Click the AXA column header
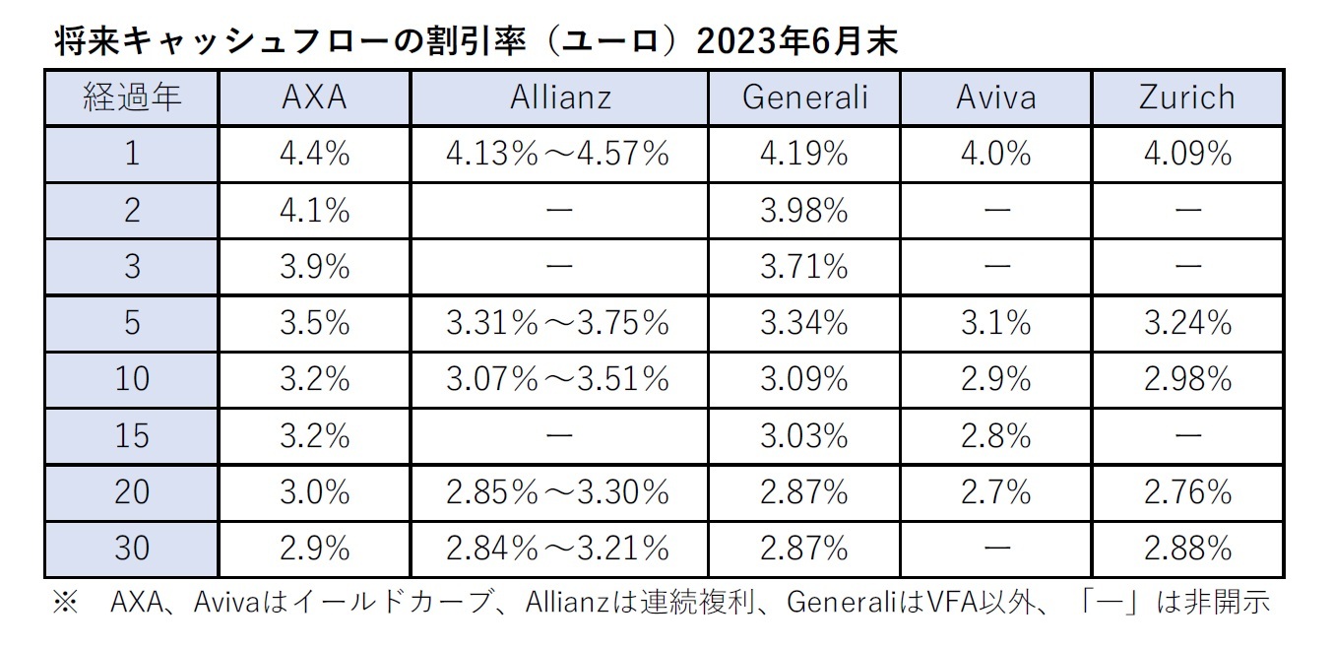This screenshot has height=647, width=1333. [314, 97]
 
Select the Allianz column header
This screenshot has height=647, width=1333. [560, 97]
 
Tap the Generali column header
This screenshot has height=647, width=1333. [804, 97]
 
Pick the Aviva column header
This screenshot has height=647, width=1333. [995, 97]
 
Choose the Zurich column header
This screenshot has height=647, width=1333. [1185, 97]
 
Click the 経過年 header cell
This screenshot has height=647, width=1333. [131, 97]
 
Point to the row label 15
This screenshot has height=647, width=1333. [131, 434]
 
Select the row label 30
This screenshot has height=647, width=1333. [131, 547]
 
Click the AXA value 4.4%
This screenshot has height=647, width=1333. [314, 154]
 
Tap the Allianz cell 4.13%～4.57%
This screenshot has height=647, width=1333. [558, 154]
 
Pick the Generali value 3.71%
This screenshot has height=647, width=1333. [804, 266]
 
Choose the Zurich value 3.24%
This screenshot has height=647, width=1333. [1185, 322]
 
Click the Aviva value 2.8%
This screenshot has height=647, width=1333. [995, 434]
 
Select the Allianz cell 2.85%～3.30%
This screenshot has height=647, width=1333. [558, 490]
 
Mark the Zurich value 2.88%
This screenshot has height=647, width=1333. [1185, 547]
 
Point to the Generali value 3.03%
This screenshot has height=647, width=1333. [804, 434]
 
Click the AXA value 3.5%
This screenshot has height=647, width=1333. [314, 322]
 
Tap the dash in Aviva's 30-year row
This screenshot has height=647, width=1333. [995, 547]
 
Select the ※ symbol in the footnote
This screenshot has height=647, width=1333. [65, 602]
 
